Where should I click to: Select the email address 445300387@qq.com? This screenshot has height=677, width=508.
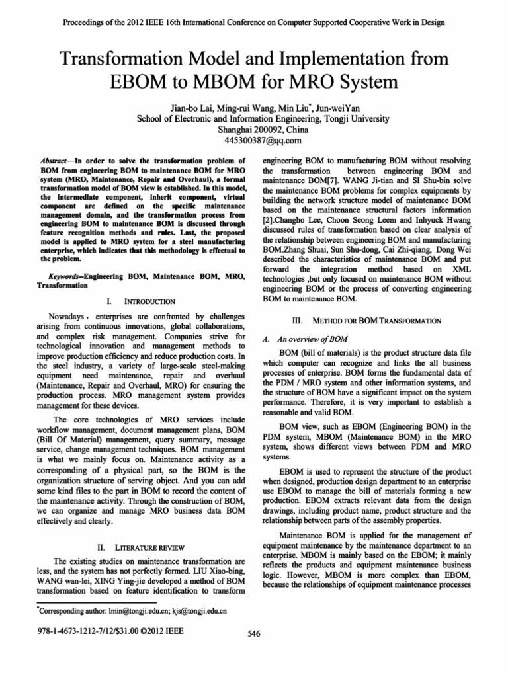254,140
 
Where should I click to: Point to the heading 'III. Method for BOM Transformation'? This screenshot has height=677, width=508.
367,320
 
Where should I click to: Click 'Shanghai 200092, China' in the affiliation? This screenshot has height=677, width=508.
254,130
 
